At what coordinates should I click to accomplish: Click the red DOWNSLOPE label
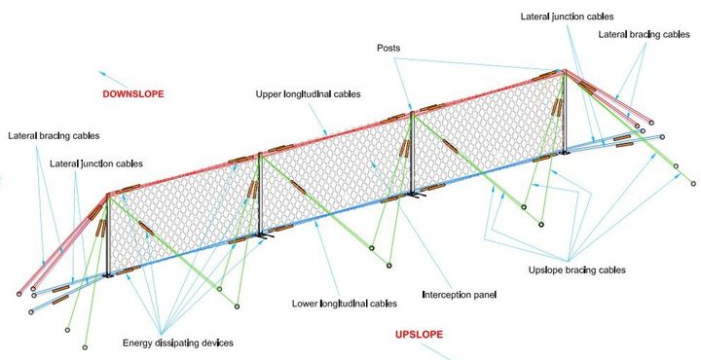tap(133, 94)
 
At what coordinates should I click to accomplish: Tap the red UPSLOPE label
tap(419, 335)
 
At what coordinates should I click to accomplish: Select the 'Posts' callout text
tap(388, 48)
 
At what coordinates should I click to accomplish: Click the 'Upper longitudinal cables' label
tap(308, 94)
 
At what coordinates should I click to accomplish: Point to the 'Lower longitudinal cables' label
tap(345, 304)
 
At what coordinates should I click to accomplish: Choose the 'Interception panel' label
tap(460, 295)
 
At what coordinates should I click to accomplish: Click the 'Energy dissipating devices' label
tap(178, 343)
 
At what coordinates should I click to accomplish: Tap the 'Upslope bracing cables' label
tap(576, 270)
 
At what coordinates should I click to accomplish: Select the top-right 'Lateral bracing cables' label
tap(644, 34)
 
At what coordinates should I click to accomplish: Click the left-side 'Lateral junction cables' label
tap(96, 163)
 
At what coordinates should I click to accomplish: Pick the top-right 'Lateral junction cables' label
tap(567, 17)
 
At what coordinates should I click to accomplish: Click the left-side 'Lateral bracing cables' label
tap(54, 136)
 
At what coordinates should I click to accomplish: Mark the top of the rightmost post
tap(565, 71)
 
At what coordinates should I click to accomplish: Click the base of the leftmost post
tap(108, 275)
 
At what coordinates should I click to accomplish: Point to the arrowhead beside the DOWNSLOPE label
tap(102, 73)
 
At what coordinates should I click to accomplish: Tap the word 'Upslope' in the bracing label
tap(544, 270)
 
